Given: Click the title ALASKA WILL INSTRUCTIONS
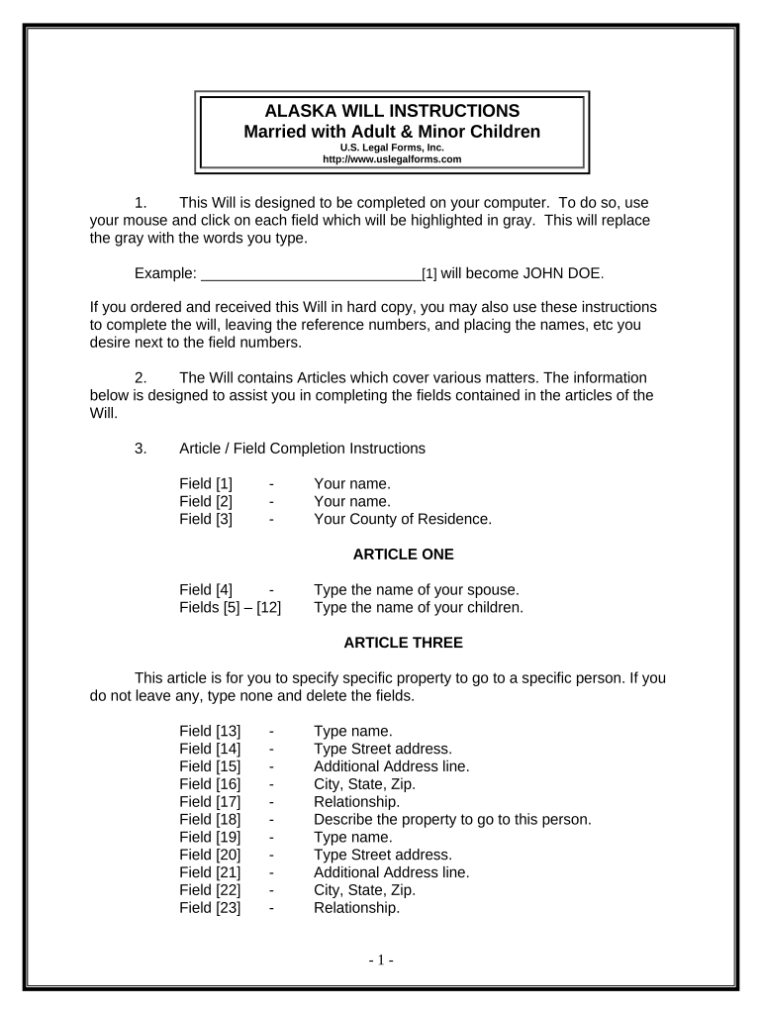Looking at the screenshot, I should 393,110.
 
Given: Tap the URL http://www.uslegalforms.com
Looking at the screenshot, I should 393,158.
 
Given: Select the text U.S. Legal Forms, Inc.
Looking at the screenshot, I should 393,148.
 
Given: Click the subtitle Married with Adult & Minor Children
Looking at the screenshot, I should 393,131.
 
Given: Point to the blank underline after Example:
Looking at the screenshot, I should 311,273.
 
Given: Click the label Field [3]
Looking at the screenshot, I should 206,519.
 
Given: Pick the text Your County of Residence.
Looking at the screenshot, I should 402,519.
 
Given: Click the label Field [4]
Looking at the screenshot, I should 206,590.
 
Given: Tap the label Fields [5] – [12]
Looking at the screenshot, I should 230,608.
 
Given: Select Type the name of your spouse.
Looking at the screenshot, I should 416,590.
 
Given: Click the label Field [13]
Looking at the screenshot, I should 210,732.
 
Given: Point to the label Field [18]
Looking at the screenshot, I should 210,819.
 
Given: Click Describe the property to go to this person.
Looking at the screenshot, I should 451,819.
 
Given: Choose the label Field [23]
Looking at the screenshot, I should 210,907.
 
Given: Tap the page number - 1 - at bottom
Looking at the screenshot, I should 381,960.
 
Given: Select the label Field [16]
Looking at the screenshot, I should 210,784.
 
